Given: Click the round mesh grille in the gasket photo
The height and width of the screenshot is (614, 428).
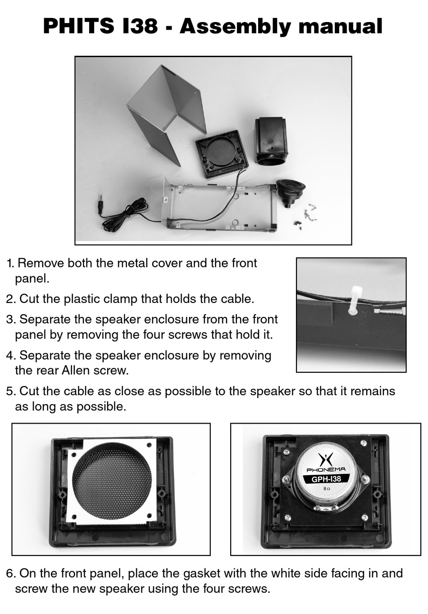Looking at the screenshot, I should (x=112, y=481).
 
